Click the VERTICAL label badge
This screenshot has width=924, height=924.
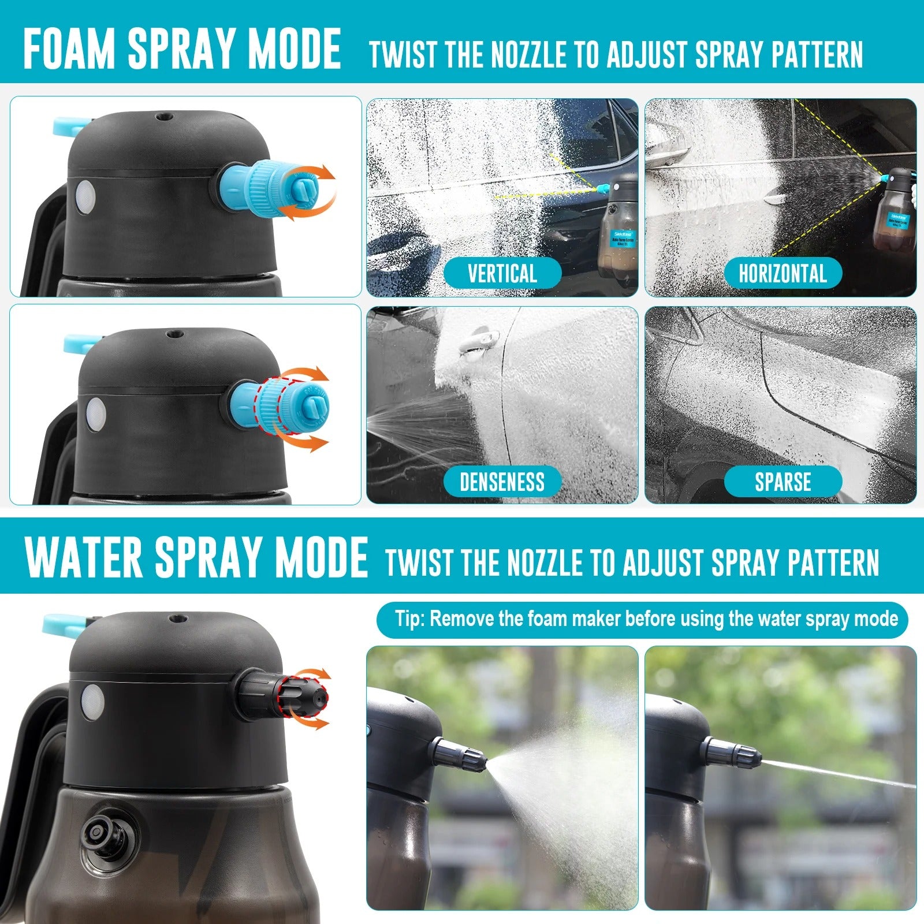coord(502,273)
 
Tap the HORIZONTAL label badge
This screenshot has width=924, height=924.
coord(783,273)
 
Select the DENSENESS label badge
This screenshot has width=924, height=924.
coord(502,482)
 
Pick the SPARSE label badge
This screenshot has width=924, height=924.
coord(783,482)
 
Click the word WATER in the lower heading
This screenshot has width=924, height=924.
coord(84,557)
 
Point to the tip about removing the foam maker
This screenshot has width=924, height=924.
coord(642,619)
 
